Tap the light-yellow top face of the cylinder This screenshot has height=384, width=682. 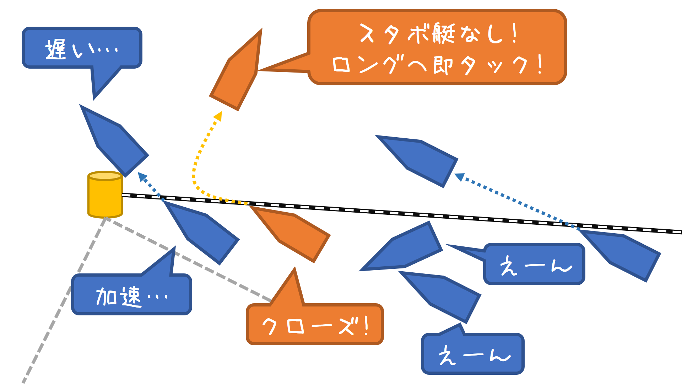click(105, 176)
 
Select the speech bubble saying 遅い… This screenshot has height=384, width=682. click(82, 48)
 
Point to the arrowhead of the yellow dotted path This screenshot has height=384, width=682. click(218, 116)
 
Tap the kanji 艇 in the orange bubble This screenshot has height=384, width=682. click(444, 34)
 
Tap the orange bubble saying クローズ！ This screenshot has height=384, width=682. click(314, 324)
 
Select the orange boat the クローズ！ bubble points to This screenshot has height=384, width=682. click(291, 233)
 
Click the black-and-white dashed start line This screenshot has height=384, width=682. click(391, 212)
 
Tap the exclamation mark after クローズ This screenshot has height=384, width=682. click(367, 326)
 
